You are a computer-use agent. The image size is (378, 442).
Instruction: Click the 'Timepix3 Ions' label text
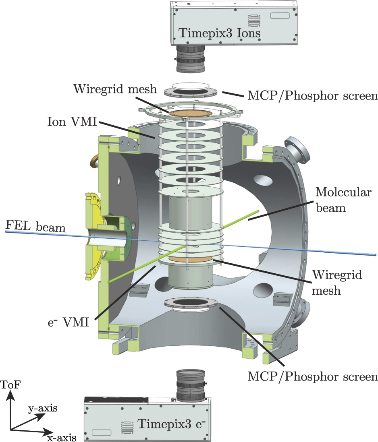tap(220, 33)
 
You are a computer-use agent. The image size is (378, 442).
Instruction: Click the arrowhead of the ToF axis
tap(11, 397)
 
